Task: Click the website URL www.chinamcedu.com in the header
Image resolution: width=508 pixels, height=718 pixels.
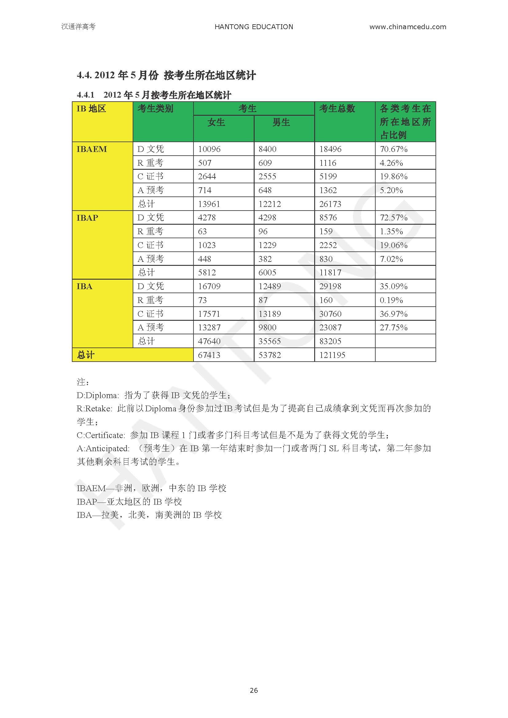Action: tap(408, 27)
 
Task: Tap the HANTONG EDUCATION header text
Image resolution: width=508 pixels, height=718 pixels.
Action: tap(254, 27)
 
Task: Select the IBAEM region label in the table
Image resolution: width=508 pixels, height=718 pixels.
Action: tap(92, 149)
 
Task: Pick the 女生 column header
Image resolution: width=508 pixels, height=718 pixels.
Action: tap(216, 122)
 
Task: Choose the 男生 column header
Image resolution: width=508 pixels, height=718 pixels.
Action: tap(281, 122)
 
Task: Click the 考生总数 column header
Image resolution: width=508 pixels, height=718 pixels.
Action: tap(337, 108)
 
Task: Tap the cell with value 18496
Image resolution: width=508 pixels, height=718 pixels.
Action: tap(330, 149)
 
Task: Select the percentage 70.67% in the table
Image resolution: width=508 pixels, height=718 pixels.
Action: tap(393, 149)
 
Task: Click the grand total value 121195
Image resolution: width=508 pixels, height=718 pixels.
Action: tap(332, 355)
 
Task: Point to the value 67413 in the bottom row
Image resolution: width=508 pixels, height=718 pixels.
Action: tap(209, 355)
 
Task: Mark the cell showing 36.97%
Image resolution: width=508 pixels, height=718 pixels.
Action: tap(393, 314)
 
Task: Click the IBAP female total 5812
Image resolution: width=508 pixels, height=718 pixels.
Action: tap(207, 272)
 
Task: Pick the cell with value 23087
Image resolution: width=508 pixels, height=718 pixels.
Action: tap(330, 328)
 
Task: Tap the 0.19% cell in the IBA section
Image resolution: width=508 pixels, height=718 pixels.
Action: tap(391, 300)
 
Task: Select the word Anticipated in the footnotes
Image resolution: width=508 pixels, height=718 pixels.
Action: tap(107, 448)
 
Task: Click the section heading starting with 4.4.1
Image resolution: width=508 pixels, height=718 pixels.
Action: tap(154, 95)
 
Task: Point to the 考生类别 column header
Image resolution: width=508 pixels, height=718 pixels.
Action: tap(155, 108)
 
